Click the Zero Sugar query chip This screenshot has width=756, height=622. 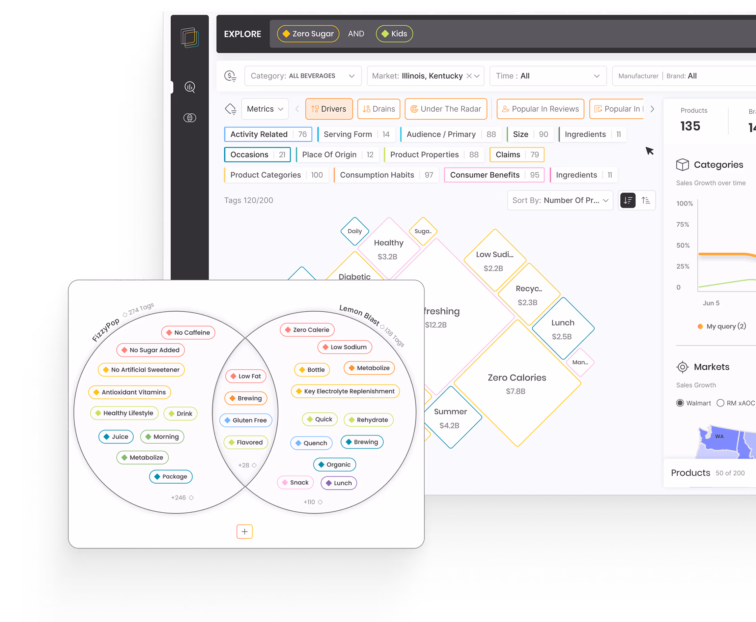coord(308,34)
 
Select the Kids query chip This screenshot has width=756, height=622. coord(394,34)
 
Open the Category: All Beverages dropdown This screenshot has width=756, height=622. coord(303,76)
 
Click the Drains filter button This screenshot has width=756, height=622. coord(379,109)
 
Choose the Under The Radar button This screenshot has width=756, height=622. coord(446,109)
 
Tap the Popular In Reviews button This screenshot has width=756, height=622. coord(540,109)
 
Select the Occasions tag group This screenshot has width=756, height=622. coord(257,155)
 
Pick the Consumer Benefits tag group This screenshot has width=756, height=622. coord(494,175)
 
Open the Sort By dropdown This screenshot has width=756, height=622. coord(560,200)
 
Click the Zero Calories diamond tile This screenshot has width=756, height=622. coord(517,384)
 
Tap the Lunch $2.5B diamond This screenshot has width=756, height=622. coord(562,329)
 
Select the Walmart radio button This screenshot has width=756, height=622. coord(680,403)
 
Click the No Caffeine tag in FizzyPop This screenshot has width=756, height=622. coord(188,333)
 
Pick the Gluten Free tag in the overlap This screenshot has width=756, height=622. coord(246,420)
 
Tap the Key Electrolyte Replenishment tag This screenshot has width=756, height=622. coord(345,391)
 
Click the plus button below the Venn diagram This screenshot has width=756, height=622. coord(245,531)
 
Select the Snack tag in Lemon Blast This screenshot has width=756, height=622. coord(295,483)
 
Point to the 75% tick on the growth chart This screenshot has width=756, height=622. coord(682,225)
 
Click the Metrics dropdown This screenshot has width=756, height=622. coord(265,109)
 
